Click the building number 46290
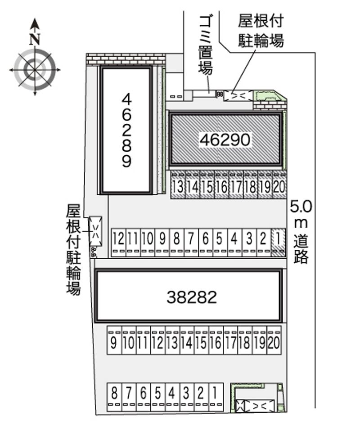225,139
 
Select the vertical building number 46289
126,130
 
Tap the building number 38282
192,297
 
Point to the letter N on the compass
35,39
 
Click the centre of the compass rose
35,70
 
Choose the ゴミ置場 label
206,45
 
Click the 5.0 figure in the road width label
301,207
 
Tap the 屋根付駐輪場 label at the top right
261,31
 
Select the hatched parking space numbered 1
278,242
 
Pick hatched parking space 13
178,185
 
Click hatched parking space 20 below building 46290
279,185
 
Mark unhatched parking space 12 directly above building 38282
118,242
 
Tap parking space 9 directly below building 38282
114,340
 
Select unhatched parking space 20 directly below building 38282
274,340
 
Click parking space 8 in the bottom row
114,397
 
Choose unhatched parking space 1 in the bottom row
216,397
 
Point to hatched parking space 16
221,185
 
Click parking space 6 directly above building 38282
206,242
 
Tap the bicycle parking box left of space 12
95,231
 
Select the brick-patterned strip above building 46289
126,59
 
